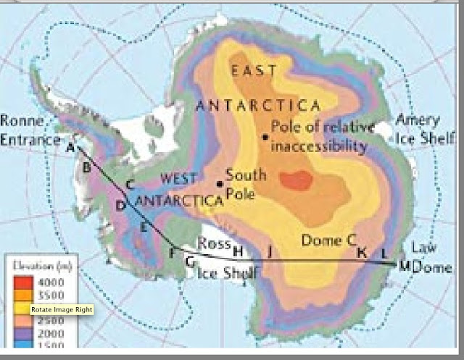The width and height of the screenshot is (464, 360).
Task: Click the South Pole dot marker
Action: coord(219,183)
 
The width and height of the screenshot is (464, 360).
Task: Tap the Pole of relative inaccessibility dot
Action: coord(265,136)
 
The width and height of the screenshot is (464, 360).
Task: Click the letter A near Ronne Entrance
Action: coord(70,148)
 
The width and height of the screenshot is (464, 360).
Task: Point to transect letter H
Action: coord(236,251)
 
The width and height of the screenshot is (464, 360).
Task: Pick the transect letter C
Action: coord(130,184)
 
